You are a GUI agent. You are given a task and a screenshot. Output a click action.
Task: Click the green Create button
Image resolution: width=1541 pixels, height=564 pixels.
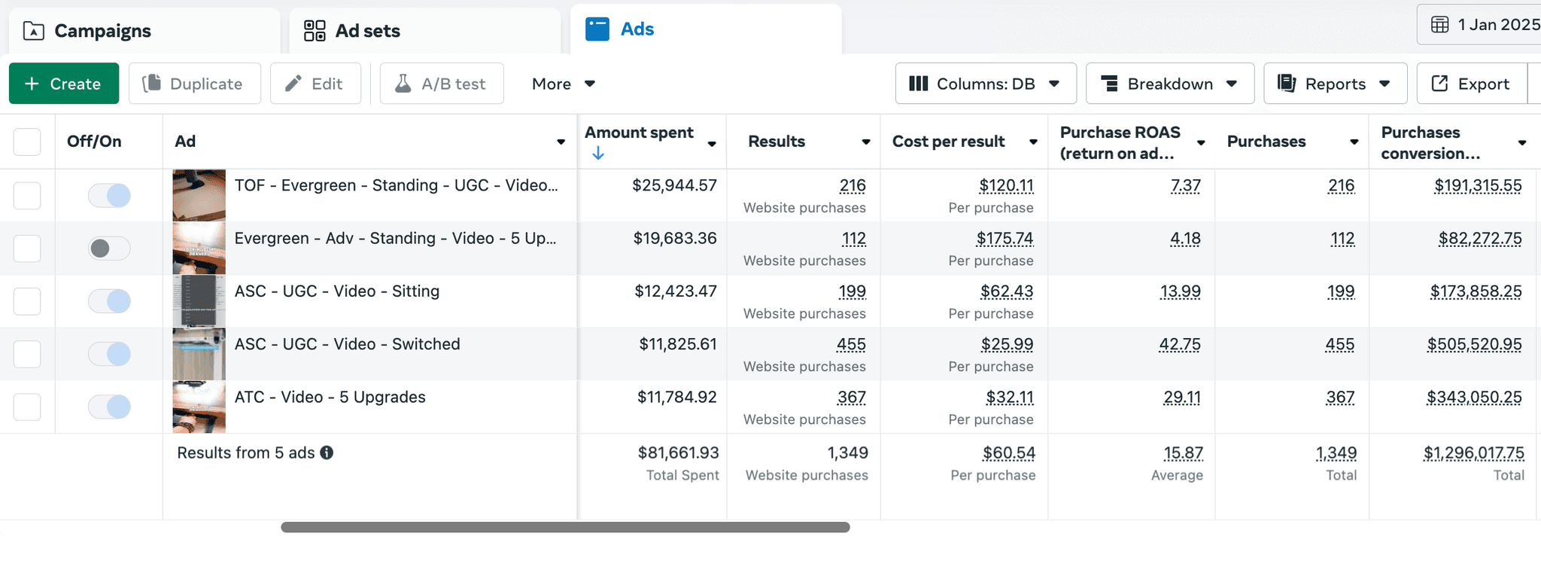click(64, 84)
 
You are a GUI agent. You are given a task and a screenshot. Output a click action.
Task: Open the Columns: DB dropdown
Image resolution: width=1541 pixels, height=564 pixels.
click(986, 84)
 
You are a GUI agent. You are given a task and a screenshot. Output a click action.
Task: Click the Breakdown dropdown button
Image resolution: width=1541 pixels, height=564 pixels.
click(1169, 84)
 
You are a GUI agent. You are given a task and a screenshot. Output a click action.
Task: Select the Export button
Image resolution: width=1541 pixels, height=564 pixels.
click(1471, 84)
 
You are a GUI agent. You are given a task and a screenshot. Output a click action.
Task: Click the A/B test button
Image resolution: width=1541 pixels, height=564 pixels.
click(442, 84)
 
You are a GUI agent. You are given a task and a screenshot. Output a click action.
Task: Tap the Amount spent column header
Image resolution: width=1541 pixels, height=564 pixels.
click(639, 133)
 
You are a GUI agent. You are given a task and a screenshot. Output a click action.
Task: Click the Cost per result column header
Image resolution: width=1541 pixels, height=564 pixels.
click(948, 142)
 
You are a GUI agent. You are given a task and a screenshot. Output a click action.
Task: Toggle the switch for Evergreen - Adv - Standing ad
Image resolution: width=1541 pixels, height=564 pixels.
click(109, 248)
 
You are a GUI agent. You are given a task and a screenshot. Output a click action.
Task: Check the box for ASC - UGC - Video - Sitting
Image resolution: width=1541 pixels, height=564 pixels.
click(27, 301)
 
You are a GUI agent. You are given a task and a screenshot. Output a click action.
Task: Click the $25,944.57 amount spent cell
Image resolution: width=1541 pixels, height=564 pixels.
click(674, 185)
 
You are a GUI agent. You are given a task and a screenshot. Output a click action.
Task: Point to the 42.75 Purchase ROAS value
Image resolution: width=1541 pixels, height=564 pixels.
click(1180, 344)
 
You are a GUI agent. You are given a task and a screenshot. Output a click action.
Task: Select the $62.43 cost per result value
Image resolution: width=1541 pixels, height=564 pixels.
click(1007, 291)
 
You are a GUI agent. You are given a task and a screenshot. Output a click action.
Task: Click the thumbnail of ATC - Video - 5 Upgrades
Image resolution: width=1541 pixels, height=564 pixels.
click(199, 407)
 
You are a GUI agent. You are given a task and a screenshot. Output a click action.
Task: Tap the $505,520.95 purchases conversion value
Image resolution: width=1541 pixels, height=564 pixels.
click(1474, 344)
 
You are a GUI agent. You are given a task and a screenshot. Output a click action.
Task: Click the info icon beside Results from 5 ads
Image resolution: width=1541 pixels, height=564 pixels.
click(327, 453)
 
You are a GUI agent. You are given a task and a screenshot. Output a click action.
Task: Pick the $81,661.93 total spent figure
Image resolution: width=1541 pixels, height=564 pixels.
click(678, 453)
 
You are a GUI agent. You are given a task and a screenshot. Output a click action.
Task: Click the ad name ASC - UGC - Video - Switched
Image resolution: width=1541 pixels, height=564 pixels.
click(347, 344)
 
